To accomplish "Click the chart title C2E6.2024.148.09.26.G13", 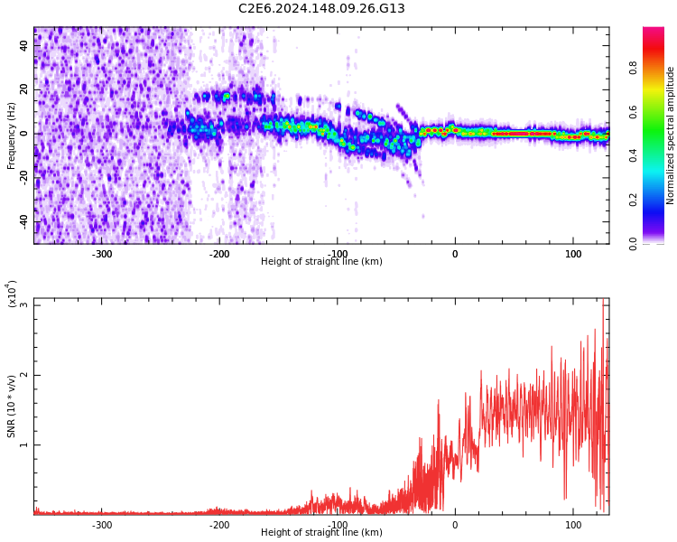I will coord(321,9).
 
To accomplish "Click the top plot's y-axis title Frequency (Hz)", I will coord(12,135).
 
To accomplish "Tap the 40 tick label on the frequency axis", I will coord(24,45).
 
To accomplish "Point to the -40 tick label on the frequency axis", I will coord(23,221).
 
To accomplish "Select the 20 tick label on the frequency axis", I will coord(24,89).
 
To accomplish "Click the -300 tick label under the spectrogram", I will coord(102,254).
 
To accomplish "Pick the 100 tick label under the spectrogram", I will coord(572,254).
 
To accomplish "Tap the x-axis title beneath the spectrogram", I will coord(321,262).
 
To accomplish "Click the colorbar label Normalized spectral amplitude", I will coord(671,135).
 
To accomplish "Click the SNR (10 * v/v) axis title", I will coord(12,406).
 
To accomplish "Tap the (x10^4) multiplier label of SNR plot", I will coord(13,294).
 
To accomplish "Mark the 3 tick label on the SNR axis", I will coord(24,305).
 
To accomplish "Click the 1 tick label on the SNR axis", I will coord(24,445).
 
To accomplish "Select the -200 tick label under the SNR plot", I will coord(219,525).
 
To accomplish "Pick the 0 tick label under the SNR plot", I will coord(455,525).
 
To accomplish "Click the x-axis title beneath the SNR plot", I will coord(321,533).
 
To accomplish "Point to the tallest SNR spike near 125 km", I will coord(603,301).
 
